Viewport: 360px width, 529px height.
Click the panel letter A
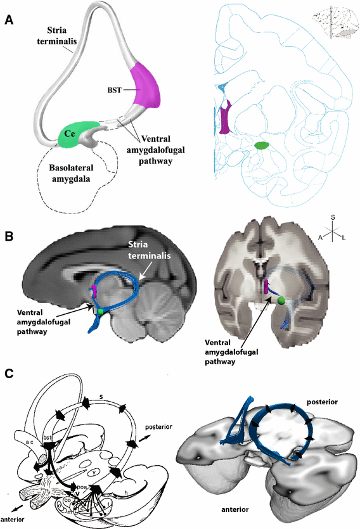tap(8, 20)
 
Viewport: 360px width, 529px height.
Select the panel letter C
tap(8, 374)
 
